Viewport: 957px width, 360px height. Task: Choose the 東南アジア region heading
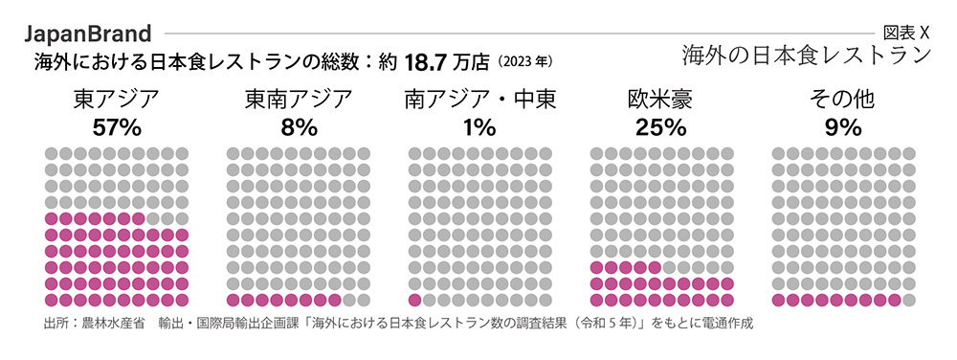[298, 101]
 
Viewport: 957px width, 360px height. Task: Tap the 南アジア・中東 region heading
[479, 101]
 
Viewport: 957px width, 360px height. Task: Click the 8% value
[298, 127]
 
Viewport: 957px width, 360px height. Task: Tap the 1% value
[479, 127]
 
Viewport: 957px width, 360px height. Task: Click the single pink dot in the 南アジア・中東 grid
[414, 301]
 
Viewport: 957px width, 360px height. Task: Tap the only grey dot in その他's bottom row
[908, 301]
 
